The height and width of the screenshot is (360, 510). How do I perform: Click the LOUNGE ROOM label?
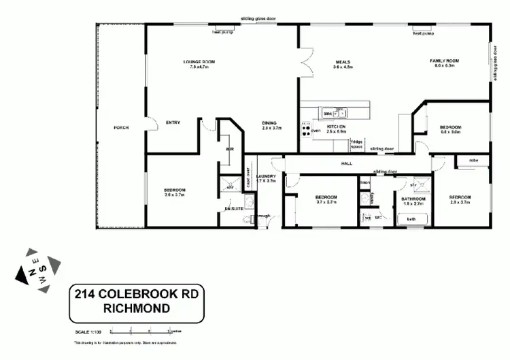click(199, 62)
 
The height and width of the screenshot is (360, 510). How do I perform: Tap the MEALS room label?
click(341, 62)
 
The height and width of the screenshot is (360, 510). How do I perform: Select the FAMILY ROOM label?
click(445, 61)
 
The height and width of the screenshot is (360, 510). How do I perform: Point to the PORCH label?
click(121, 127)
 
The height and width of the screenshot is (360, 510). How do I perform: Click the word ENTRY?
click(173, 122)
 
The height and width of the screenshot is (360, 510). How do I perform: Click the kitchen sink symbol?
click(335, 113)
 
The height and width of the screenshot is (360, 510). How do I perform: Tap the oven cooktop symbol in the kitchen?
click(306, 128)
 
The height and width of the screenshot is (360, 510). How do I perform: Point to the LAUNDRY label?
click(266, 176)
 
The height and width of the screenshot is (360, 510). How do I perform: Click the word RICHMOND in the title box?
click(136, 308)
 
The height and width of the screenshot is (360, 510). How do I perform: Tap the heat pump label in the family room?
click(424, 32)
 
